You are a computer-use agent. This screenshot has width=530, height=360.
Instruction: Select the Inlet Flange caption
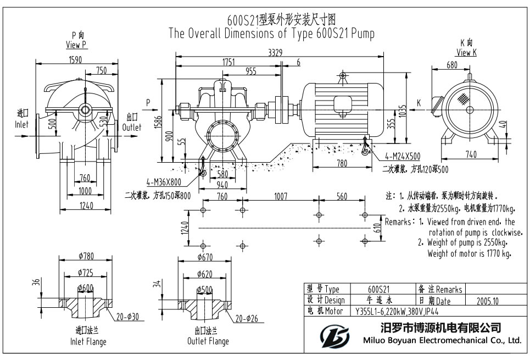[x=88, y=336]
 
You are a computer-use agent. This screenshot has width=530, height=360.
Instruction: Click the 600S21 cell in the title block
[x=378, y=289]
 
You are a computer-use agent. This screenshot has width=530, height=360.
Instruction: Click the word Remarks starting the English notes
[x=398, y=222]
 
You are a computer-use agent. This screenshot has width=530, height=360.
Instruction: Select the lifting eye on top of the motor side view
[x=343, y=76]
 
